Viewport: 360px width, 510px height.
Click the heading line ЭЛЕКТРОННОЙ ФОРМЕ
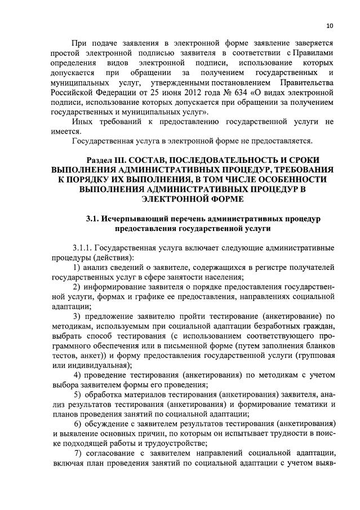click(192, 199)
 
